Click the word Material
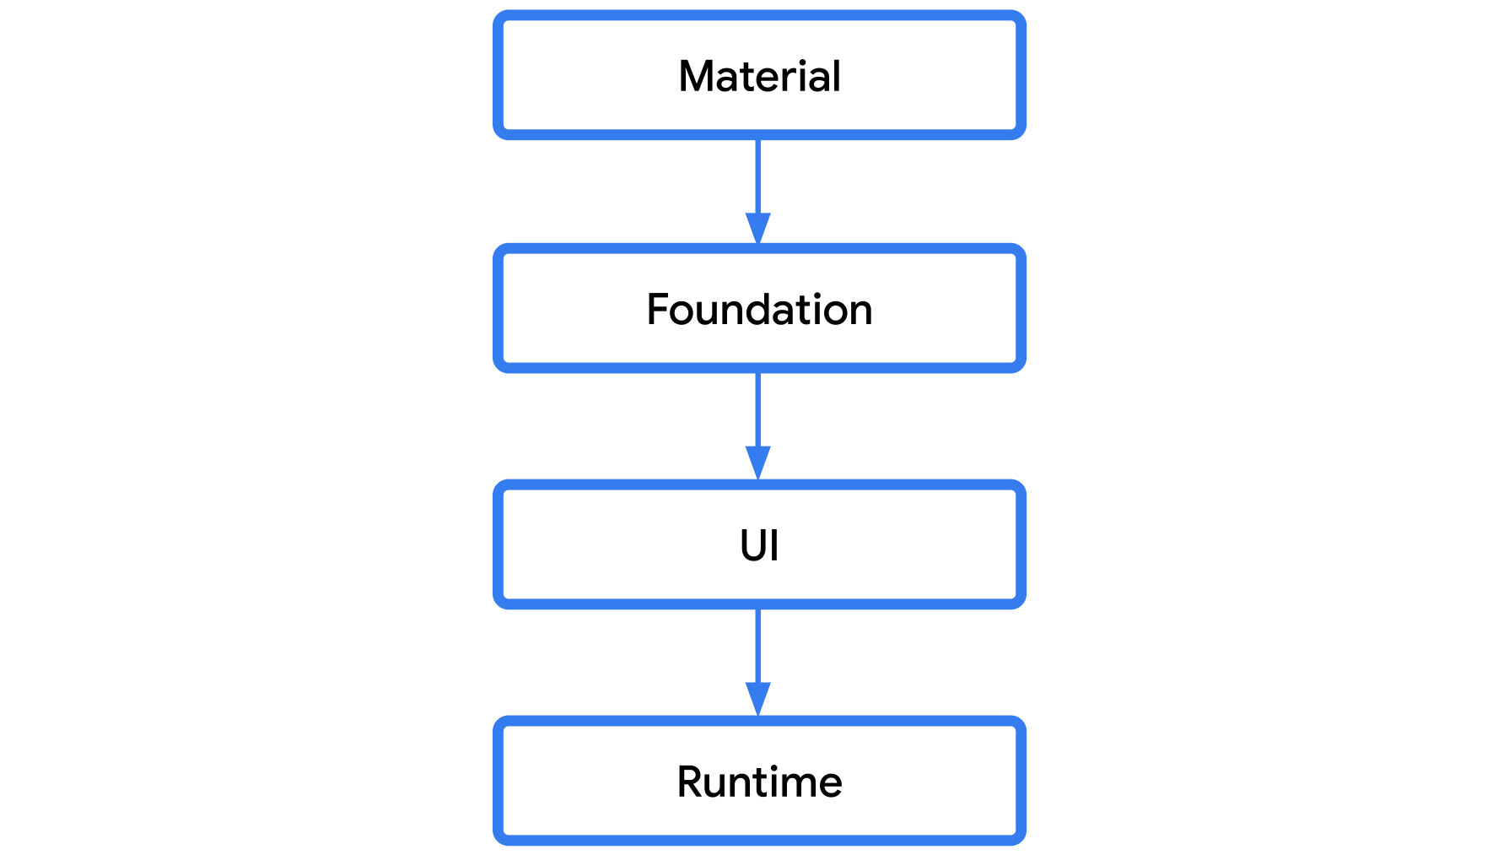click(759, 76)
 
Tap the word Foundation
click(759, 309)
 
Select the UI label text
click(759, 545)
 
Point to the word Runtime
click(759, 782)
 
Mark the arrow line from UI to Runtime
click(758, 646)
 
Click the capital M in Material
click(697, 76)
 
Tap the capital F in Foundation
click(658, 309)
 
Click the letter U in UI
click(752, 545)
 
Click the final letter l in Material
click(836, 76)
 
